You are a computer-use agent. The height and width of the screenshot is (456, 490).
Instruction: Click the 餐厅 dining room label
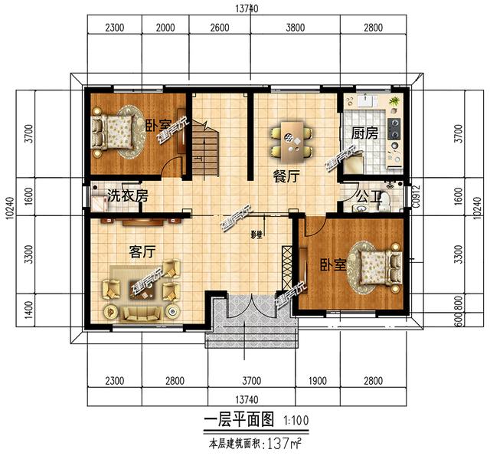point(280,175)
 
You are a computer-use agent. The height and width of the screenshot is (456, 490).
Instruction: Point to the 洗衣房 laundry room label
point(127,195)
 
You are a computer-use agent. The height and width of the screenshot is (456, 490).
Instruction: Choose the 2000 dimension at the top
point(165,28)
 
